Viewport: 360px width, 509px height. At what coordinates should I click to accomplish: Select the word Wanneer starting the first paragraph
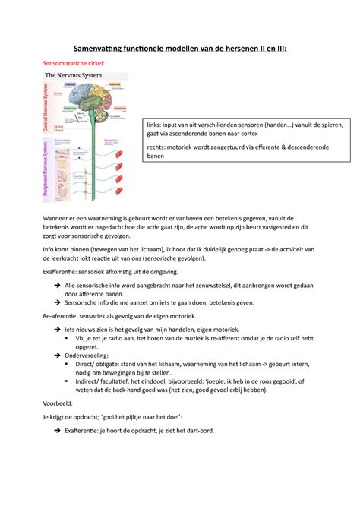click(59, 217)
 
